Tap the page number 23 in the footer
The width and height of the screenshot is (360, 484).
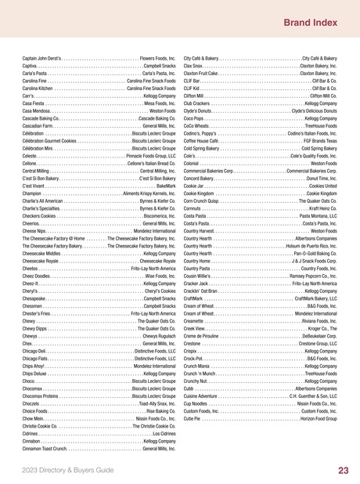pyautogui.click(x=343, y=470)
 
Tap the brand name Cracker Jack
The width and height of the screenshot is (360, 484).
pyautogui.click(x=200, y=283)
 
